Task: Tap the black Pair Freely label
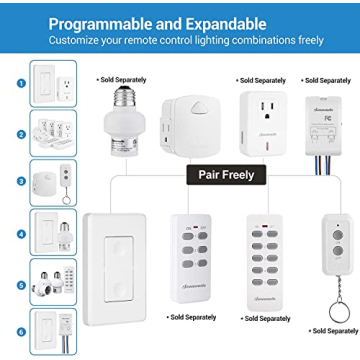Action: click(x=221, y=174)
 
